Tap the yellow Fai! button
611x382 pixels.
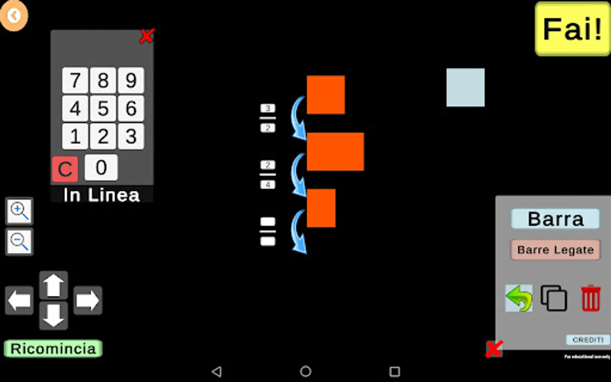pyautogui.click(x=572, y=29)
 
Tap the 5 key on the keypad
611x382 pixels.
pyautogui.click(x=103, y=108)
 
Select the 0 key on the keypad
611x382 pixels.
pyautogui.click(x=101, y=167)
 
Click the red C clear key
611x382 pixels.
pyautogui.click(x=65, y=169)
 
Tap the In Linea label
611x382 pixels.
pyautogui.click(x=101, y=195)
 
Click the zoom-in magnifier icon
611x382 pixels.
pyautogui.click(x=19, y=211)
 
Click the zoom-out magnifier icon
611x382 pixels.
pyautogui.click(x=19, y=242)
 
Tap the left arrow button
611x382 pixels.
pyautogui.click(x=19, y=301)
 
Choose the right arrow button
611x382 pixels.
pyautogui.click(x=87, y=301)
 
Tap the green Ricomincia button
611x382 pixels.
pyautogui.click(x=53, y=348)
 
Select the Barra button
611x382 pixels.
pyautogui.click(x=555, y=219)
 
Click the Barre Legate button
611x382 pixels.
pyautogui.click(x=555, y=250)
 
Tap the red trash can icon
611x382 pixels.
pyautogui.click(x=590, y=298)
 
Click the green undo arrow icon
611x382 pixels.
pyautogui.click(x=519, y=298)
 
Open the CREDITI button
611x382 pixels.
pyautogui.click(x=588, y=340)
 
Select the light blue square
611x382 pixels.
pyautogui.click(x=465, y=87)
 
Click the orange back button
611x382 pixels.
pyautogui.click(x=14, y=16)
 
